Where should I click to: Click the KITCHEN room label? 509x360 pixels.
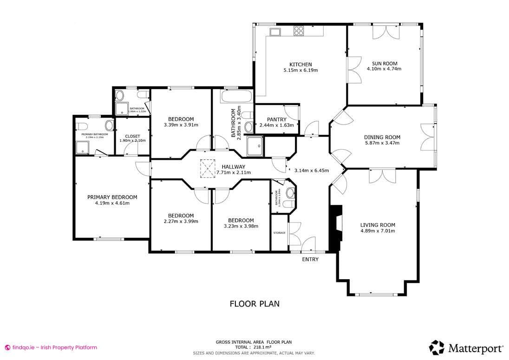click(x=300, y=65)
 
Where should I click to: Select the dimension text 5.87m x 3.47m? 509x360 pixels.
click(x=382, y=143)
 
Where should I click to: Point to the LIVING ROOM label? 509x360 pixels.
click(x=378, y=225)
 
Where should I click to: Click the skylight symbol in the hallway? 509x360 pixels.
click(x=207, y=168)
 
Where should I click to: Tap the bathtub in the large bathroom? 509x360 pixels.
click(x=236, y=98)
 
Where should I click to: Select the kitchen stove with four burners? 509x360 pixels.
click(x=299, y=31)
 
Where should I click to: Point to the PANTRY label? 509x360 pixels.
click(x=276, y=119)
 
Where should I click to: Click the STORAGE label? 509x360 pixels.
click(x=279, y=233)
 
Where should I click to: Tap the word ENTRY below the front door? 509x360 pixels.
click(x=310, y=259)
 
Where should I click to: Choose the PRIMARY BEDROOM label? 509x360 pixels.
click(x=112, y=197)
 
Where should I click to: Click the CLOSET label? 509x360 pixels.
click(x=132, y=136)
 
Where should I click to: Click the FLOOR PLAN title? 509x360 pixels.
click(x=254, y=304)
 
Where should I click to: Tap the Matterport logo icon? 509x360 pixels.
click(x=437, y=347)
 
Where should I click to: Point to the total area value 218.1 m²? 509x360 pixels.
click(x=262, y=347)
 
